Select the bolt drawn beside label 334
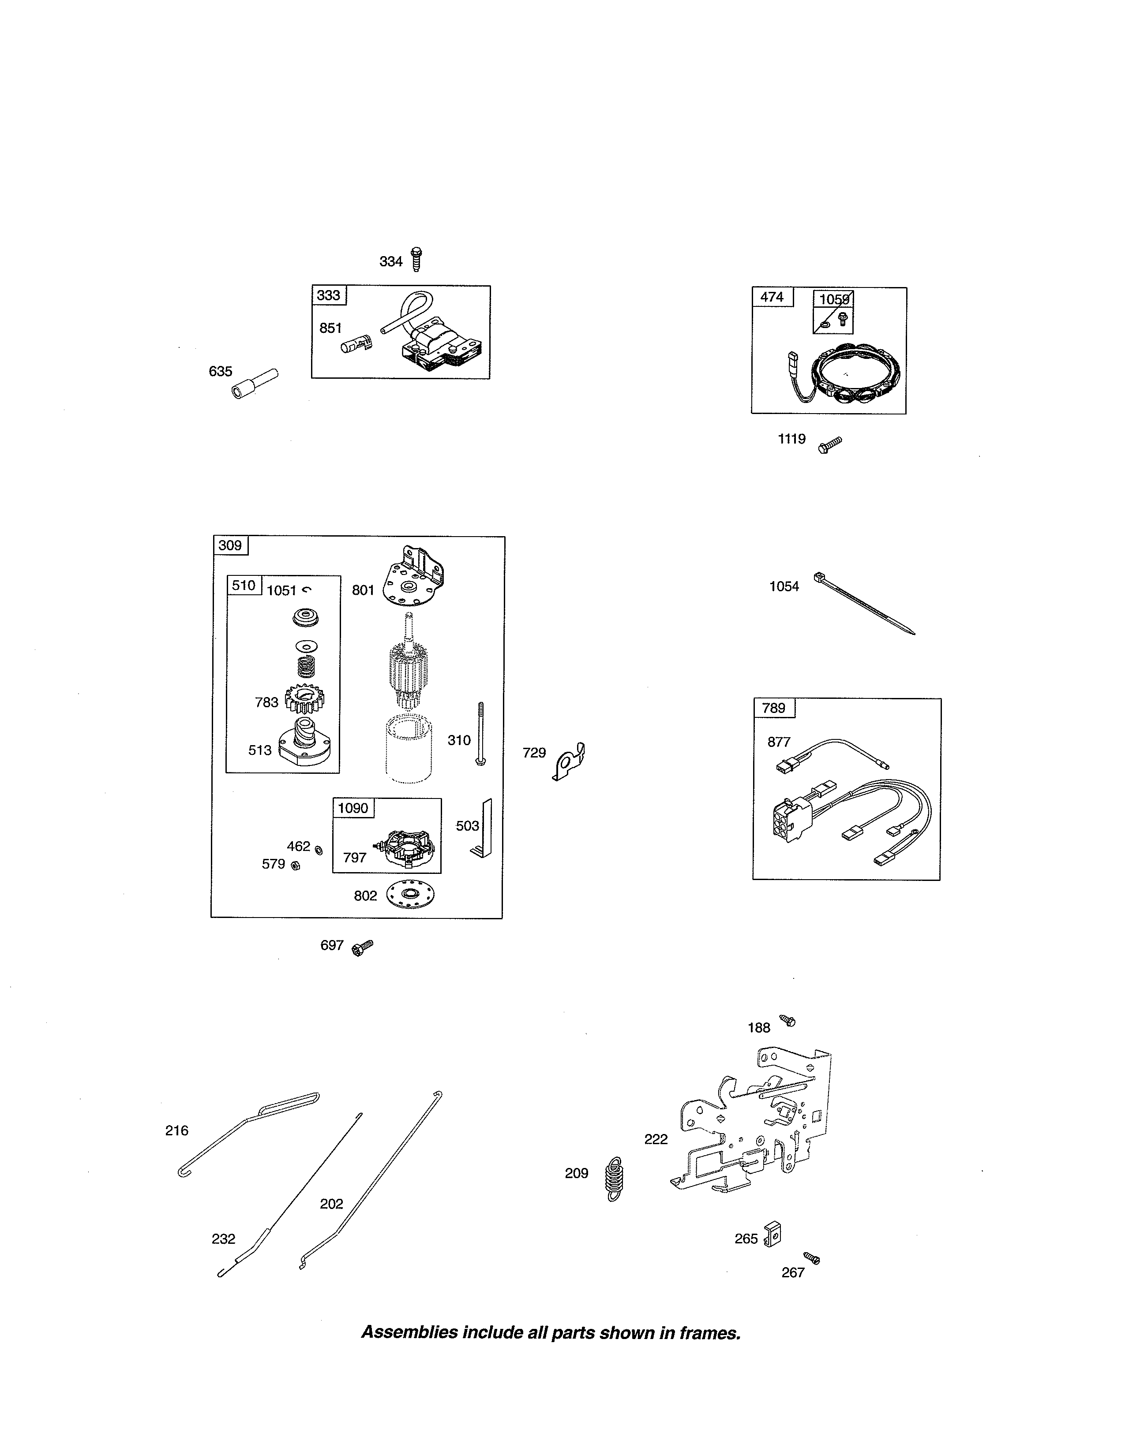tap(416, 259)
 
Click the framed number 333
tap(329, 295)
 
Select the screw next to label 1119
tap(830, 444)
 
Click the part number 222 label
tap(656, 1139)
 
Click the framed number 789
tap(774, 708)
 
